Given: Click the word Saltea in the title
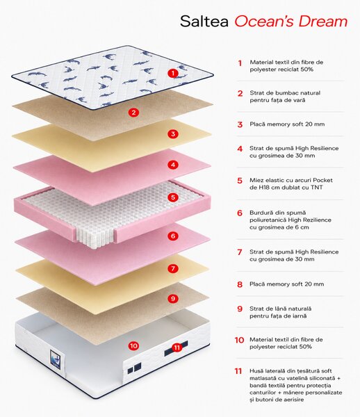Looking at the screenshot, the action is pos(204,22).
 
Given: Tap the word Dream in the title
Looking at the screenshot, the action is pos(322,22).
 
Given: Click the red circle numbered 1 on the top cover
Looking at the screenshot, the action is pos(173,73).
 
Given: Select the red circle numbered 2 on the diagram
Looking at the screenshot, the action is pos(133,113).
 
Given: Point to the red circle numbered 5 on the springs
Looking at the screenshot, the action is pos(173,197).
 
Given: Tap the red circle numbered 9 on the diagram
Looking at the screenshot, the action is pos(173,299).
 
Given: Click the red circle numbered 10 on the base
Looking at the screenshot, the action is pos(133,345).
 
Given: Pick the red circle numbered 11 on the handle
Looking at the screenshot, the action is pos(177,347).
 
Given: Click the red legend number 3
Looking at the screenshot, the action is pos(240,124).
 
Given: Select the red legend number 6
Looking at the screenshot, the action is pos(240,213).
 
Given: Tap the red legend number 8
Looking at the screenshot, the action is pos(240,284).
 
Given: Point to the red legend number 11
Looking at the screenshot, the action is pos(238,371).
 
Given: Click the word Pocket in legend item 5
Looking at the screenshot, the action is pos(322,180).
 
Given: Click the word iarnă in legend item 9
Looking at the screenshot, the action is pos(299,316).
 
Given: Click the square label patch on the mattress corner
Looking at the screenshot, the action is pos(57,359).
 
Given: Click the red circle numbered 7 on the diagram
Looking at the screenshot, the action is pos(173,268).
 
